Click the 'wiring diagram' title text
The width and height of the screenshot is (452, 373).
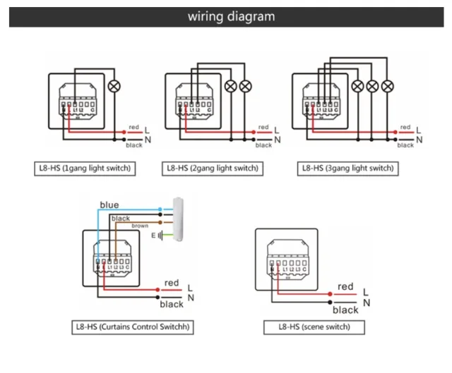tap(231, 16)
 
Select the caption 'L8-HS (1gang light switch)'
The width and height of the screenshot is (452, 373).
tap(85, 169)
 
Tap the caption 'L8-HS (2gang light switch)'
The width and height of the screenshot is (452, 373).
tap(213, 169)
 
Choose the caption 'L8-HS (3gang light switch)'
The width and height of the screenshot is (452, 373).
tap(347, 169)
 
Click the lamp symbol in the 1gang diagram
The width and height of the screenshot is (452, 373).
tap(115, 87)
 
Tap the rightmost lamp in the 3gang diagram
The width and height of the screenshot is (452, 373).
tap(387, 86)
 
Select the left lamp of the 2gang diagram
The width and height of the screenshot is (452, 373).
tap(231, 86)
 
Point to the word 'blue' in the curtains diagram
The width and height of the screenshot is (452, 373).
tap(109, 205)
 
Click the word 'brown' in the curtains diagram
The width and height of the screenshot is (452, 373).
tap(139, 226)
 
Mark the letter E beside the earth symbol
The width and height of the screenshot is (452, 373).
tap(153, 235)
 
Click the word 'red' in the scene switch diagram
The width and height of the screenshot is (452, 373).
tap(345, 286)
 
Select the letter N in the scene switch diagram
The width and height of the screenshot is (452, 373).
tap(366, 303)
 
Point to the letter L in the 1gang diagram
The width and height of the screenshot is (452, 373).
tap(146, 130)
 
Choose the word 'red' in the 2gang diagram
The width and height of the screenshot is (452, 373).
tap(263, 128)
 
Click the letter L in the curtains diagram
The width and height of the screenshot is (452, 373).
tap(190, 288)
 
